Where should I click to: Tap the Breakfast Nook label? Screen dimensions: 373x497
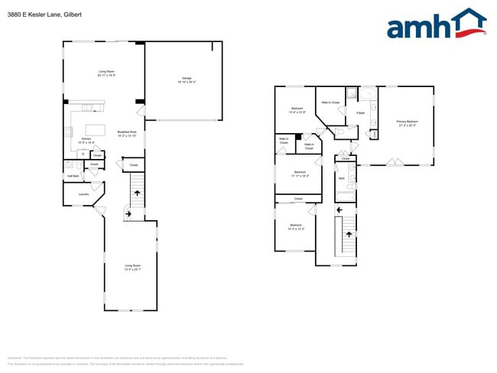click(x=127, y=133)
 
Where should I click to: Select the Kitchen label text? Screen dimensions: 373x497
click(x=87, y=138)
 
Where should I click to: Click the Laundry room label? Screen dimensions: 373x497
click(x=83, y=194)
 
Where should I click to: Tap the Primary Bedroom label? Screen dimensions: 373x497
click(x=407, y=122)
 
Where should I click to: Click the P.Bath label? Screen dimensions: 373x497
click(x=360, y=113)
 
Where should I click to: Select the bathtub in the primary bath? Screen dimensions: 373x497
click(x=367, y=95)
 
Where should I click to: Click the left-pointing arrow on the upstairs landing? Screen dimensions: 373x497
click(x=339, y=209)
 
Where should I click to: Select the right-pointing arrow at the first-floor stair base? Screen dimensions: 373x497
click(x=127, y=214)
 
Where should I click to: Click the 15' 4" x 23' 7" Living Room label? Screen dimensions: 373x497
click(x=133, y=267)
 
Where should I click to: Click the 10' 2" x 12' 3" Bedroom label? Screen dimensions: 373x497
click(x=296, y=227)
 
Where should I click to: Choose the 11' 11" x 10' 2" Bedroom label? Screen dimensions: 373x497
click(x=300, y=174)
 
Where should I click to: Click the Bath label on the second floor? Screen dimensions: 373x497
click(x=342, y=178)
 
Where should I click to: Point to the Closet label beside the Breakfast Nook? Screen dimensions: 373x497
click(x=133, y=164)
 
